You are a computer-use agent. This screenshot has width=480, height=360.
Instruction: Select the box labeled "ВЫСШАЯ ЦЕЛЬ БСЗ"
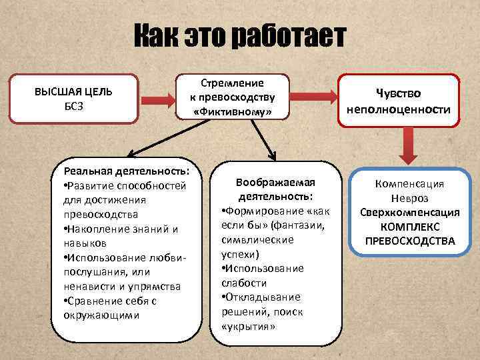point(73,97)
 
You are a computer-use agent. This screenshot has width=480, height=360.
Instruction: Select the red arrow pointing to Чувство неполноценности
point(315,100)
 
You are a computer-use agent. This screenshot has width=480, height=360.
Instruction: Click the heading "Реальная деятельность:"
point(127,171)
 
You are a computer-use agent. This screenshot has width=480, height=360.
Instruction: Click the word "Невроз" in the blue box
point(409,198)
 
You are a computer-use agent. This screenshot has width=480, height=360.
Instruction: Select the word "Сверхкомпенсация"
point(409,213)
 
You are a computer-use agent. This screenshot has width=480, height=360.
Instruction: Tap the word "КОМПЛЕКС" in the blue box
point(409,227)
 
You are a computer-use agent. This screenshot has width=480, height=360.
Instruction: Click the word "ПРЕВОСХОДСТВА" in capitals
point(409,241)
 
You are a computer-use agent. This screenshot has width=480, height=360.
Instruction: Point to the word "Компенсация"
point(409,183)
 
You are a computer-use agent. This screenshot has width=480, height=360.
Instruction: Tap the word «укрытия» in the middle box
point(247,327)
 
